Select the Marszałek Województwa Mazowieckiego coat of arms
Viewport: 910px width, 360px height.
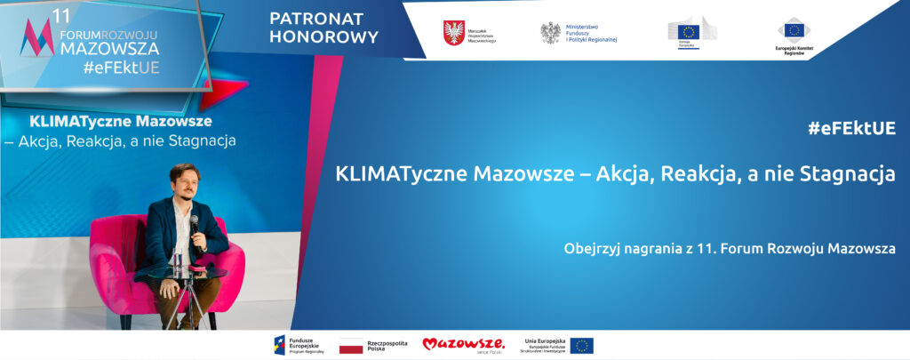click(453, 32)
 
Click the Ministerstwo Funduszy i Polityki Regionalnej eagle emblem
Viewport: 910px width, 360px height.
click(551, 32)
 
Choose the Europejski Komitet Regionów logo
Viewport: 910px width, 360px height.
click(791, 32)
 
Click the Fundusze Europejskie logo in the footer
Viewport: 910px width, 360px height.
click(283, 345)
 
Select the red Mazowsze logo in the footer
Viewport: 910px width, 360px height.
click(463, 344)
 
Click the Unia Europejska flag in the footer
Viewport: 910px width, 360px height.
click(582, 345)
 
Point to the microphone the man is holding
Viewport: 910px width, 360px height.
click(194, 222)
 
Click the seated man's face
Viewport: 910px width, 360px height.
click(184, 184)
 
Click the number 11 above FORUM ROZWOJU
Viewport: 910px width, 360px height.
click(60, 15)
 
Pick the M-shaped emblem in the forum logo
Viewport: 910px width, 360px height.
click(38, 38)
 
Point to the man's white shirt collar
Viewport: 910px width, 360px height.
click(183, 206)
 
